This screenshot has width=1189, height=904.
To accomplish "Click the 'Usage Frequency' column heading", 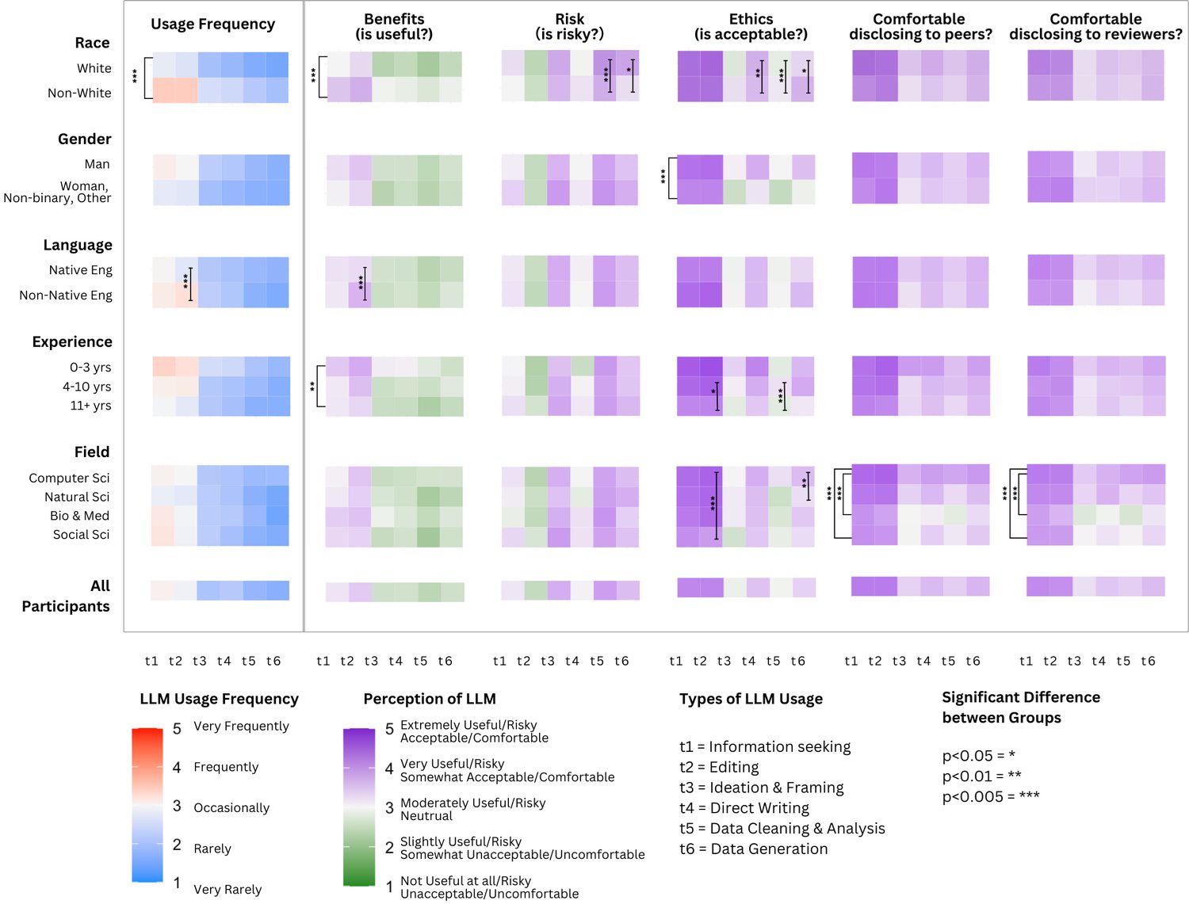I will point(212,25).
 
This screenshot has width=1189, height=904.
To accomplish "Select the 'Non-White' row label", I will point(79,93).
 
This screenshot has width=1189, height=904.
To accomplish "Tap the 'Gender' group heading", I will point(84,139).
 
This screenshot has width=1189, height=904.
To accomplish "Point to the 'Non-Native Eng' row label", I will point(66,296).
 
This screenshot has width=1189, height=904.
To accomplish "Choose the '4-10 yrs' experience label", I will point(86,387).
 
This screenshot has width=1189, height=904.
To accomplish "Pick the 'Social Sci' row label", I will point(81,535).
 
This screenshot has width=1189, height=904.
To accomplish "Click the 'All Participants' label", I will point(67,596).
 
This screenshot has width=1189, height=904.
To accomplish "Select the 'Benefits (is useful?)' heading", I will point(394,26).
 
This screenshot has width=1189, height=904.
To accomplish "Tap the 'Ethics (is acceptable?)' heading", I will point(751,26).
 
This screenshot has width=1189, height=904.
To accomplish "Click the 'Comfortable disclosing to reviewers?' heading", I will point(1095,26).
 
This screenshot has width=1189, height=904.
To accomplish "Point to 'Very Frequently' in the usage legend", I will point(241,727).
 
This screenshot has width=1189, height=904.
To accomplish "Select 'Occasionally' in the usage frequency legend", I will point(231,808).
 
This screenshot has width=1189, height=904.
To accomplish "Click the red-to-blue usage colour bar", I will point(147,804).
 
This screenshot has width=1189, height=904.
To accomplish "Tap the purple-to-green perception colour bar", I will point(359,807).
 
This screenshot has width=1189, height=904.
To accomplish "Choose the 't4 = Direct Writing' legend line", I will point(744,808).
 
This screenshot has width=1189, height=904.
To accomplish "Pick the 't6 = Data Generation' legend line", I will point(753,849).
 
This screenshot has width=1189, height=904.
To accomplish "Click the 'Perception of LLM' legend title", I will point(430,699).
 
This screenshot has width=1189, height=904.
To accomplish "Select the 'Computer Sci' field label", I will point(69,479).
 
